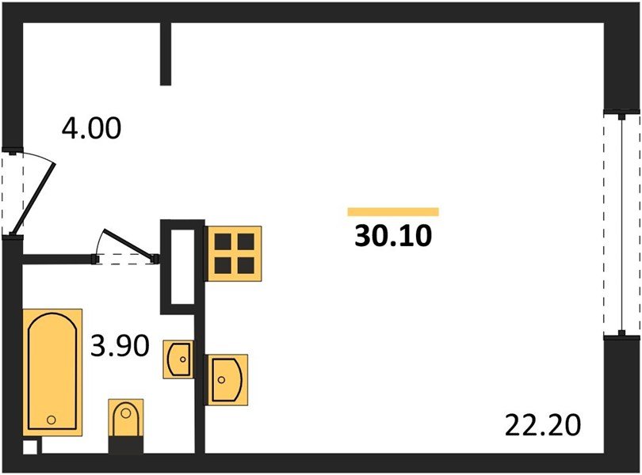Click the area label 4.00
92,127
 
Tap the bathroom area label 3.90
119,346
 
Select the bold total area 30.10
393,236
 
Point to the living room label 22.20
543,426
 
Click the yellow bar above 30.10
393,211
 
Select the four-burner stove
233,253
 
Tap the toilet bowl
125,417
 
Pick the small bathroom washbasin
179,359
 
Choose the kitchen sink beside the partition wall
227,378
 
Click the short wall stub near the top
166,53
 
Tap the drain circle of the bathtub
52,419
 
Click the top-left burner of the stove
222,241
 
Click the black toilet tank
125,443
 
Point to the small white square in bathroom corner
29,446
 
